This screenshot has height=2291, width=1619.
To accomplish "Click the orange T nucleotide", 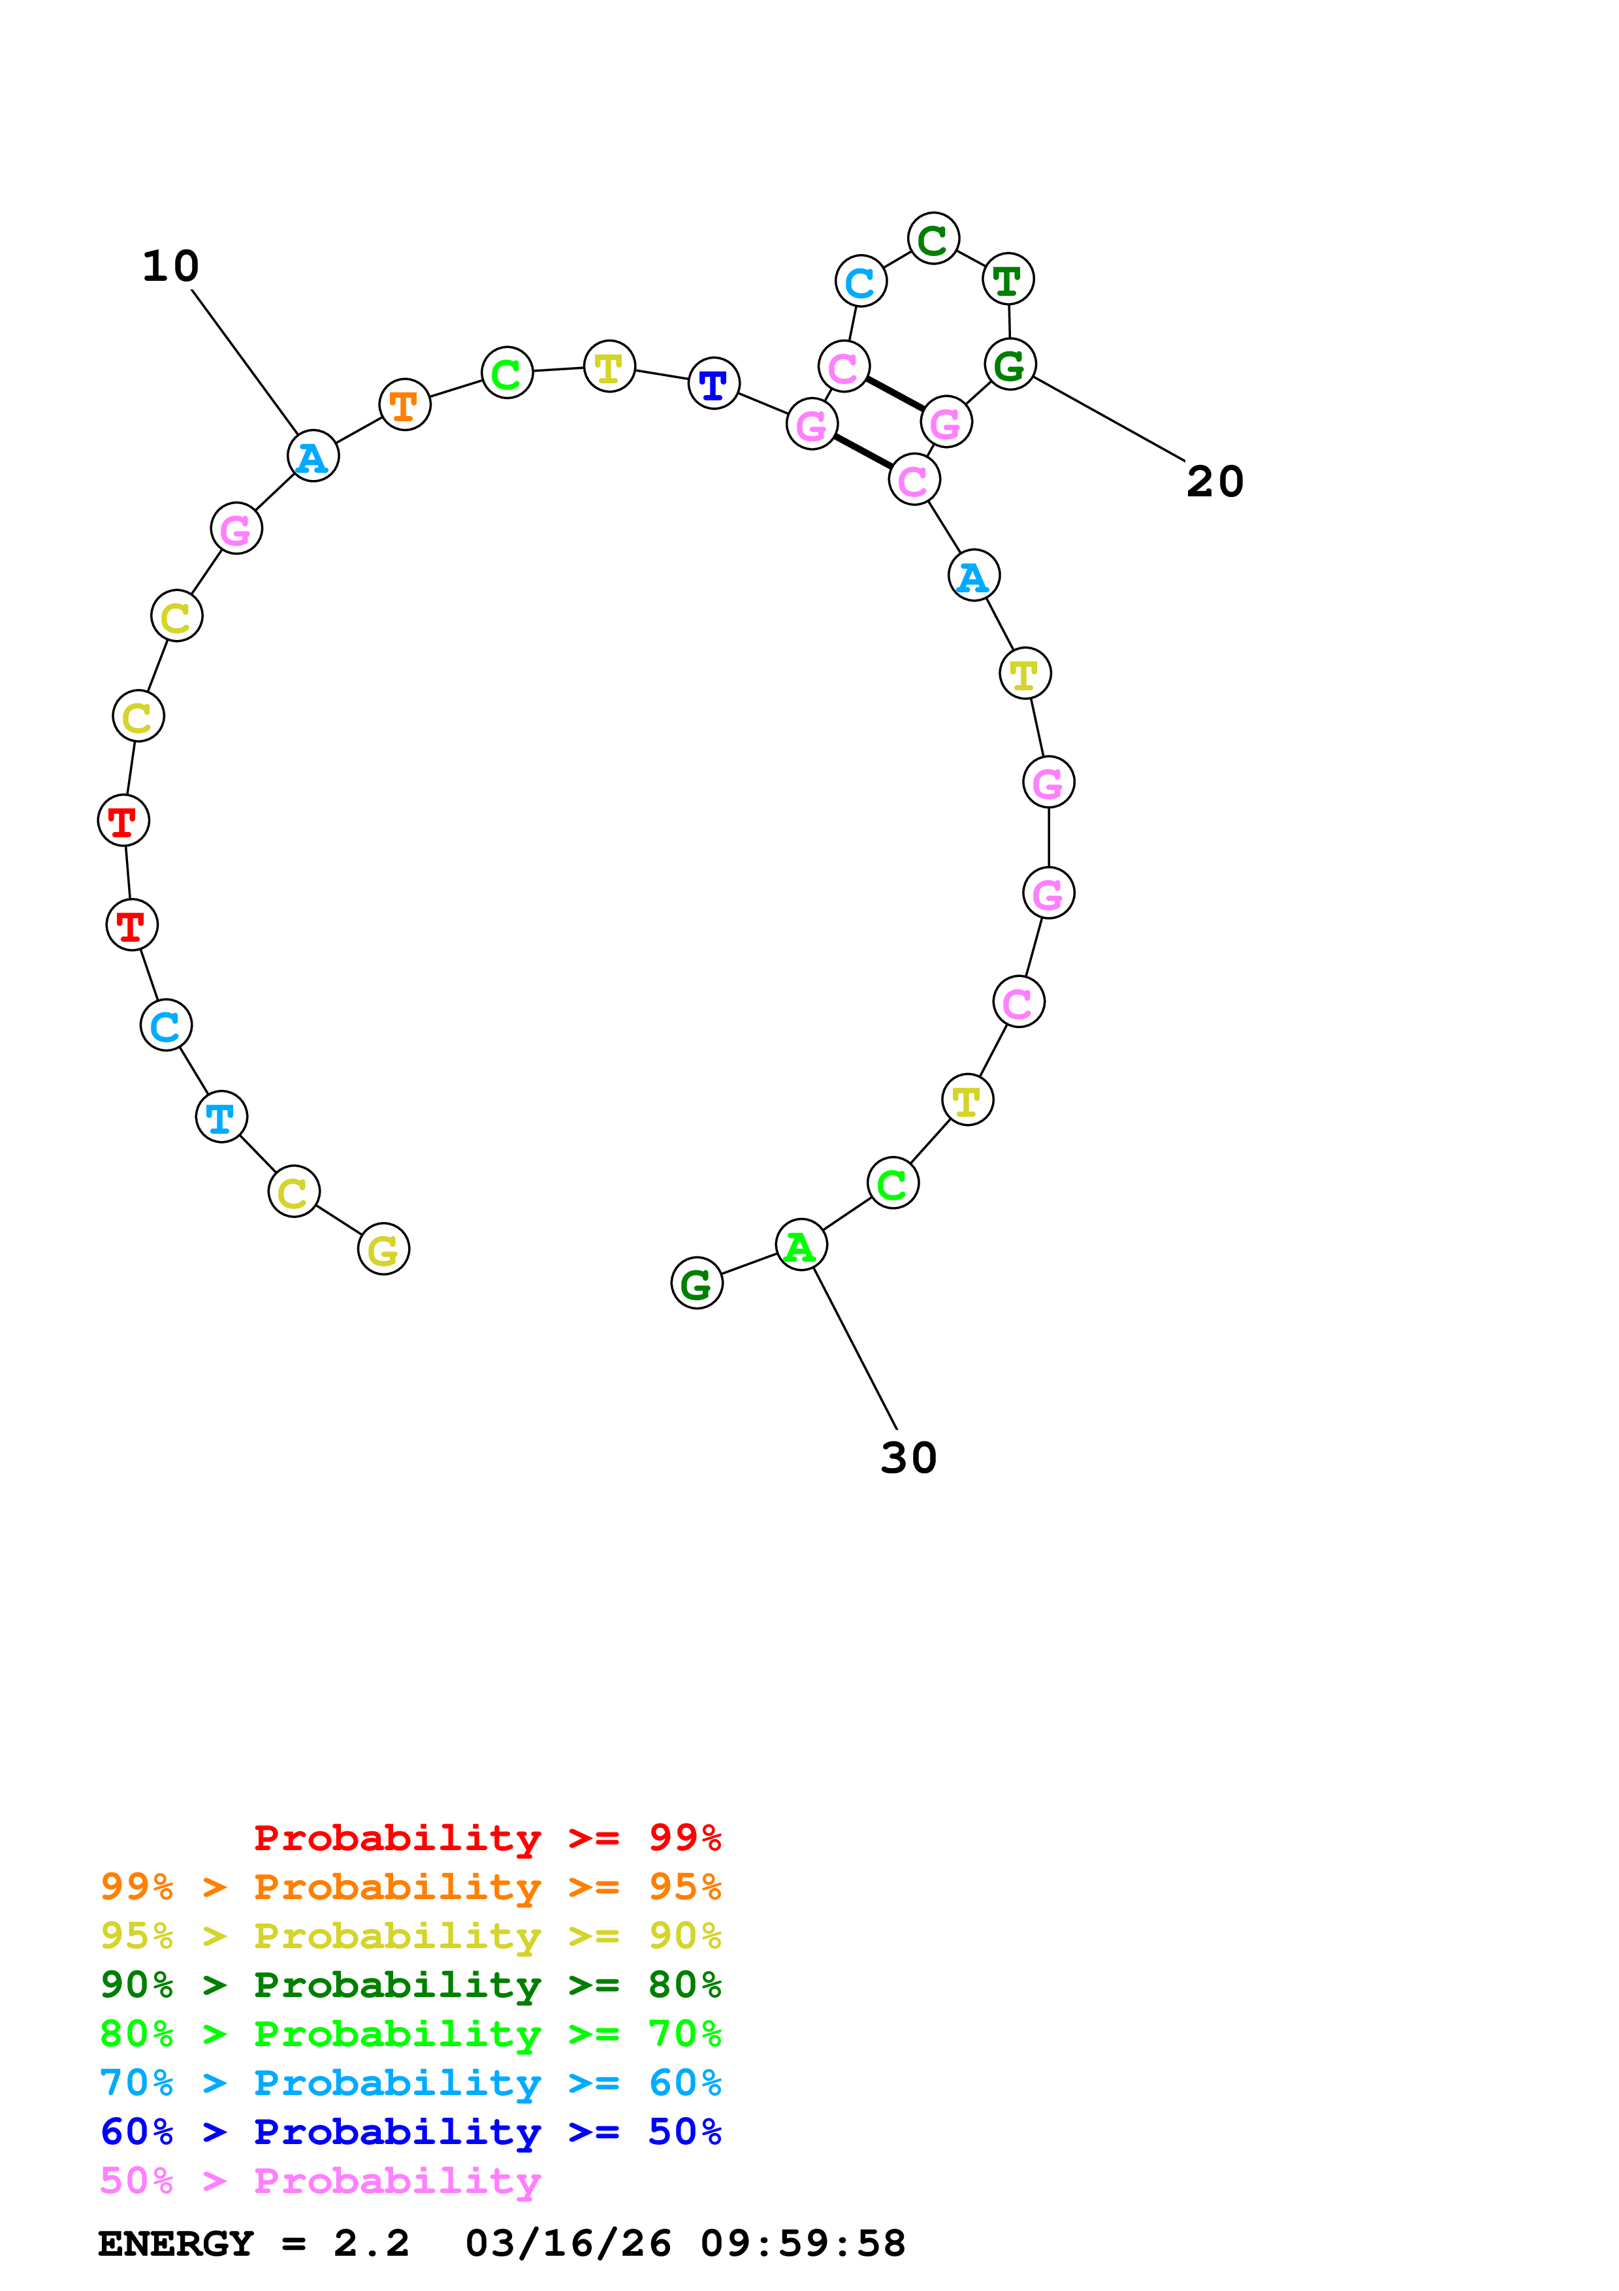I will pos(404,405).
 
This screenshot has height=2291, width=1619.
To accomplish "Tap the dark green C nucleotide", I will pos(933,240).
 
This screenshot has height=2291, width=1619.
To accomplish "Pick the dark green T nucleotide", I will pos(1008,280).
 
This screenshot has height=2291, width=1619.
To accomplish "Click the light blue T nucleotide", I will pos(221,1117).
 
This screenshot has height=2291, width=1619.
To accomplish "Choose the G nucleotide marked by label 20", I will pos(1010,364).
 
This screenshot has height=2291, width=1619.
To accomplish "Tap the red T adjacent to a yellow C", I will pos(123,821).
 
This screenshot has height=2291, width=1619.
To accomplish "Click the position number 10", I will pos(170,266).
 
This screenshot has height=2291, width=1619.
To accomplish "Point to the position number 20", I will pos(1214,482).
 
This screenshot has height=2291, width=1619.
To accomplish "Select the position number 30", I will pos(908,1458).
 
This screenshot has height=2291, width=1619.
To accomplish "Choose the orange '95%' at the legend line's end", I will pos(684,1886).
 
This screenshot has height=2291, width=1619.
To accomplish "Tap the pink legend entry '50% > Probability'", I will pos(320,2180).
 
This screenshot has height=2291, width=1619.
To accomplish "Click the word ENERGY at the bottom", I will pos(176,2244).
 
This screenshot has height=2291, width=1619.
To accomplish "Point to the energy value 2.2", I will pos(371,2244).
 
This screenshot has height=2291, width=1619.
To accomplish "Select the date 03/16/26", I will pos(569,2244).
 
